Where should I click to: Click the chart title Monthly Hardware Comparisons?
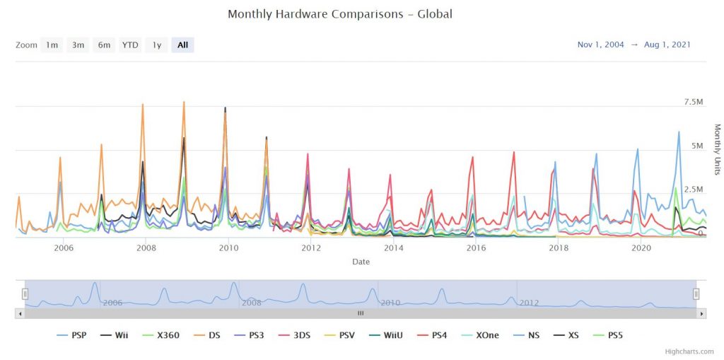point(339,14)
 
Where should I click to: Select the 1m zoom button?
point(52,45)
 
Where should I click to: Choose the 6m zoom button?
point(104,45)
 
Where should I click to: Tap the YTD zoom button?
point(130,45)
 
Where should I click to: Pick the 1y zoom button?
point(157,45)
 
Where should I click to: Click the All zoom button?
point(182,45)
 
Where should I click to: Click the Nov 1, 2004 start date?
point(600,45)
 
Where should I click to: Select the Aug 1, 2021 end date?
point(667,45)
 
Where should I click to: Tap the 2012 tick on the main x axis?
point(310,248)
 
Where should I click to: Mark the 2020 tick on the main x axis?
point(641,248)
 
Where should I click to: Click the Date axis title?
point(361,262)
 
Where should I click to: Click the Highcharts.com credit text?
point(689,351)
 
